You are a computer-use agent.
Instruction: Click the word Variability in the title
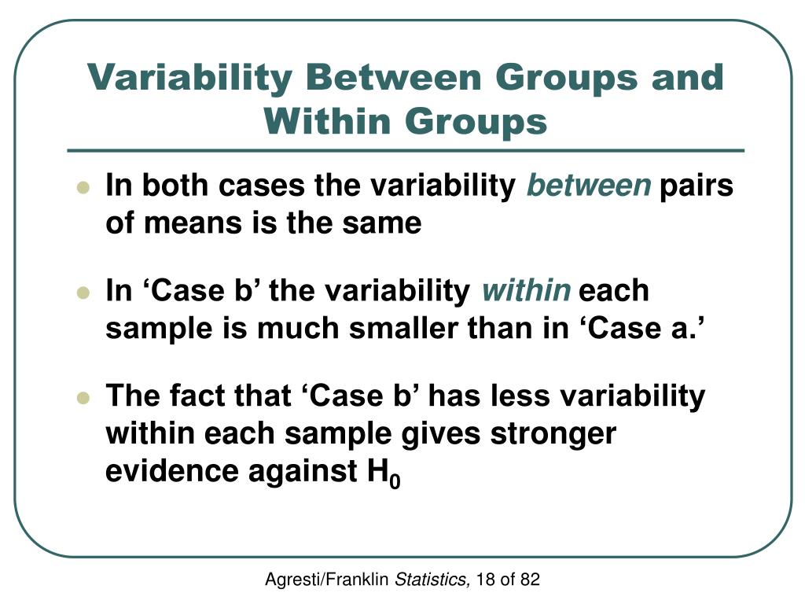pos(189,79)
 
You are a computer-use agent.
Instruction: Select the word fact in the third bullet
pos(204,396)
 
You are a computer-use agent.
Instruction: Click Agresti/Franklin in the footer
pos(327,580)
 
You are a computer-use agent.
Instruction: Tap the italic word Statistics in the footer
pos(432,580)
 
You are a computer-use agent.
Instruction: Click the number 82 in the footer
pos(530,580)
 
